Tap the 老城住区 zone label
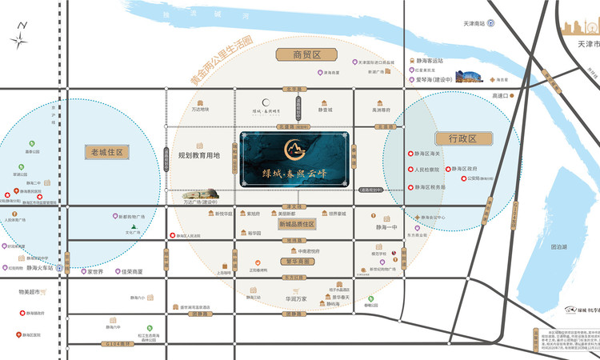click(x=106, y=151)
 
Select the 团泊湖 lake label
click(x=559, y=248)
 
